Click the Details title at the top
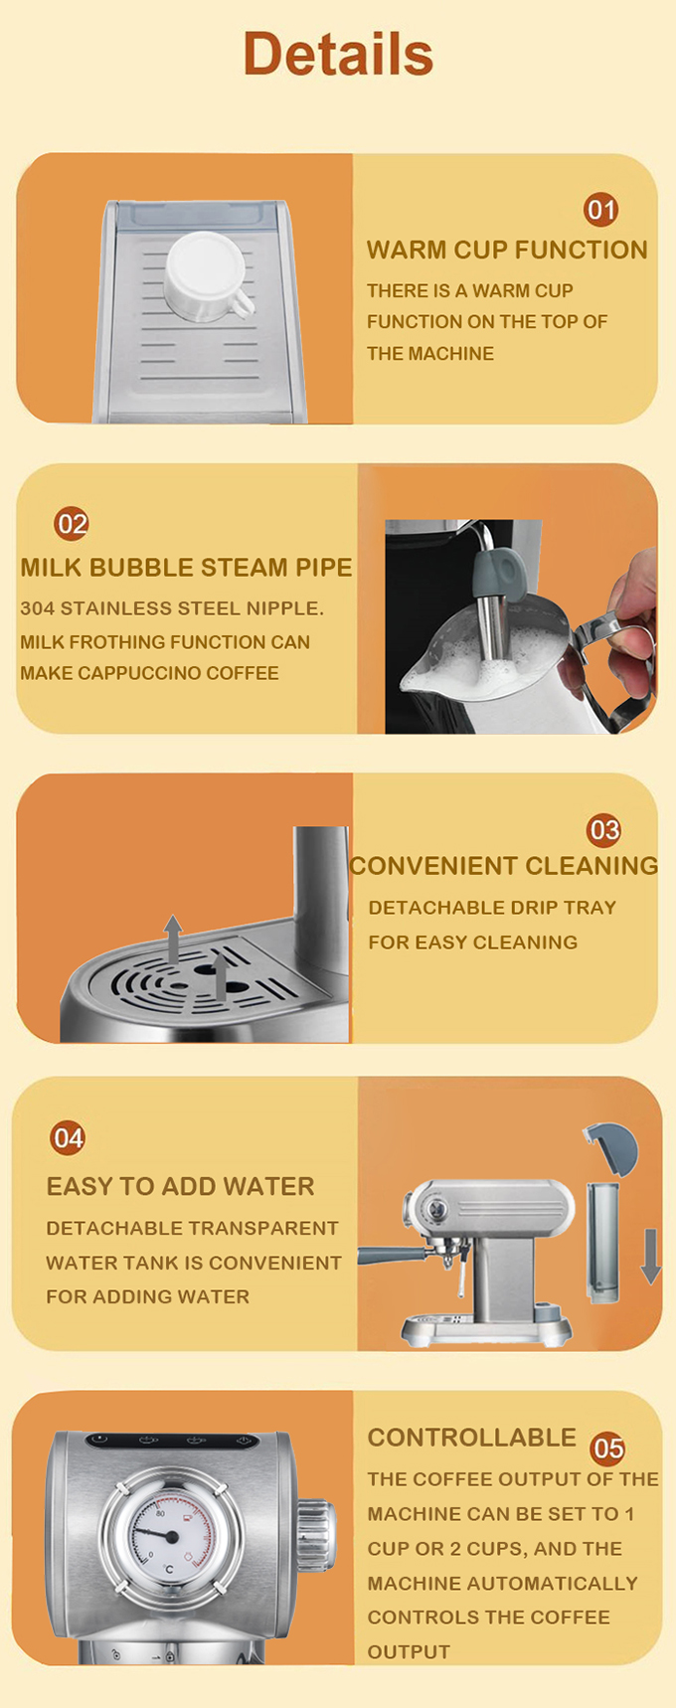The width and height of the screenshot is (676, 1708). click(x=338, y=54)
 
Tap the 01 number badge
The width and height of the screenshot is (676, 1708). click(x=600, y=210)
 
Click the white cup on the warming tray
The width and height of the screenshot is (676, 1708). click(x=206, y=275)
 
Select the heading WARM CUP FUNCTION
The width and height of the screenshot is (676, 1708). click(x=507, y=250)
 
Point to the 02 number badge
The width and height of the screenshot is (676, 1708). click(x=72, y=523)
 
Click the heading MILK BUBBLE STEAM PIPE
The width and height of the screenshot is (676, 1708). click(x=186, y=568)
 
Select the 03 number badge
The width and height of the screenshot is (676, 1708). click(x=603, y=830)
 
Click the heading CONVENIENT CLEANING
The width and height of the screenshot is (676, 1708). click(x=504, y=866)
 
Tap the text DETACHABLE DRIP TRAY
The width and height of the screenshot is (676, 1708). click(x=492, y=908)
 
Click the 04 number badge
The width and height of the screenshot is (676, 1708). click(x=68, y=1137)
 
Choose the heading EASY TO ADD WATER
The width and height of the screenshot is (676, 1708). click(x=180, y=1186)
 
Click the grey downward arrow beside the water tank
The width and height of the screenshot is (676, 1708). click(x=650, y=1255)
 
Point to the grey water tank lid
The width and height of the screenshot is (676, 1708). click(x=609, y=1149)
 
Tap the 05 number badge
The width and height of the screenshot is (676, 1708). click(x=607, y=1449)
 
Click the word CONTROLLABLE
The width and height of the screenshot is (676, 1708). click(x=472, y=1438)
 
